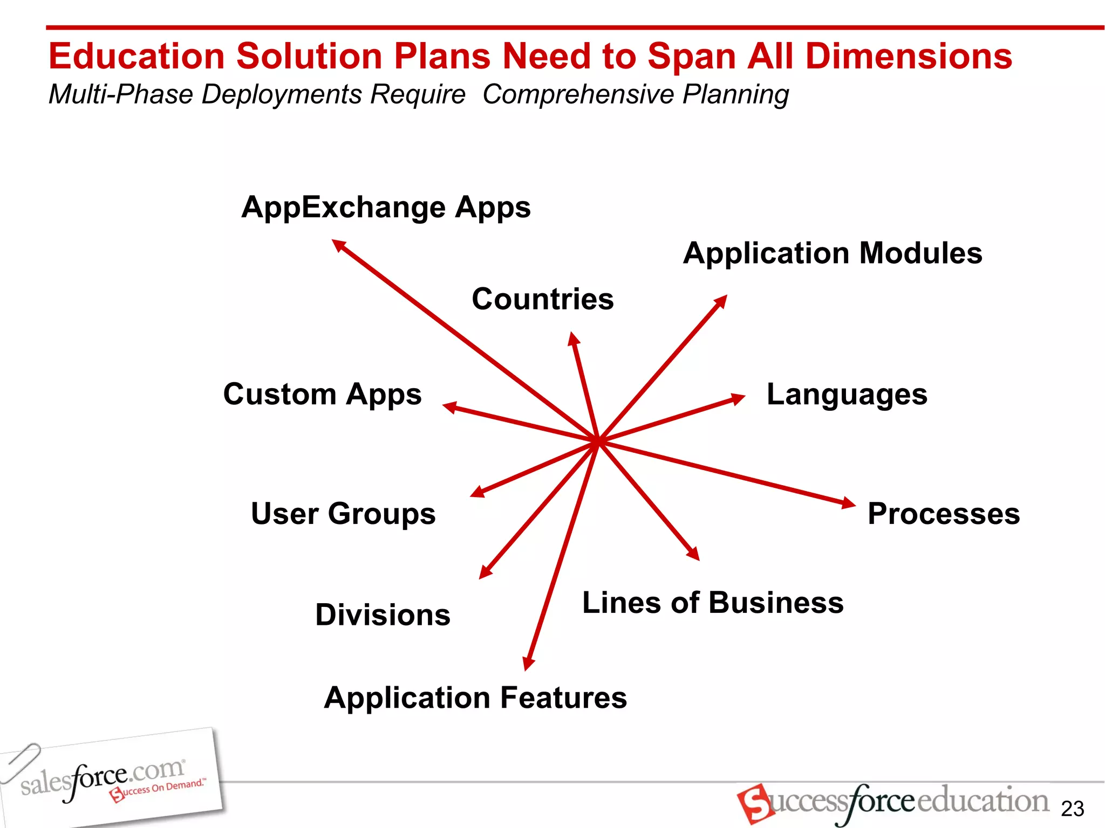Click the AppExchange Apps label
point(386,208)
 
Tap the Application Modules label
point(833,253)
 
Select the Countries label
point(543,299)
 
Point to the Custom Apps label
point(322,394)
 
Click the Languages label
point(847,394)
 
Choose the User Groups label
point(343,513)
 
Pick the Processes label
point(944,514)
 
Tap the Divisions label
point(383,615)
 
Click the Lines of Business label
point(713,603)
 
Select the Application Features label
point(475,698)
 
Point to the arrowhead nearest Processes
point(848,503)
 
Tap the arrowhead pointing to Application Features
point(529,663)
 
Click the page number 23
point(1072,809)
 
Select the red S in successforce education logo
point(754,803)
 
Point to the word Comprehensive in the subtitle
point(578,94)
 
